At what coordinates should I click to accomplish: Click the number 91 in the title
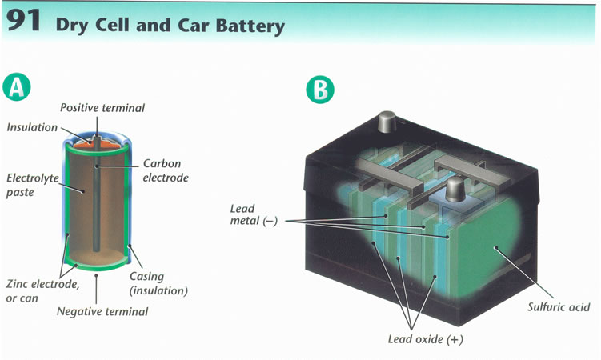tap(25, 23)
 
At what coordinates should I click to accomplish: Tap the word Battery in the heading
tap(248, 26)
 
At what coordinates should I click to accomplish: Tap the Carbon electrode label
tap(166, 170)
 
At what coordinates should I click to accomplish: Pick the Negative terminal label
tap(102, 311)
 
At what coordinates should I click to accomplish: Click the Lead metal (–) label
tap(254, 214)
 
